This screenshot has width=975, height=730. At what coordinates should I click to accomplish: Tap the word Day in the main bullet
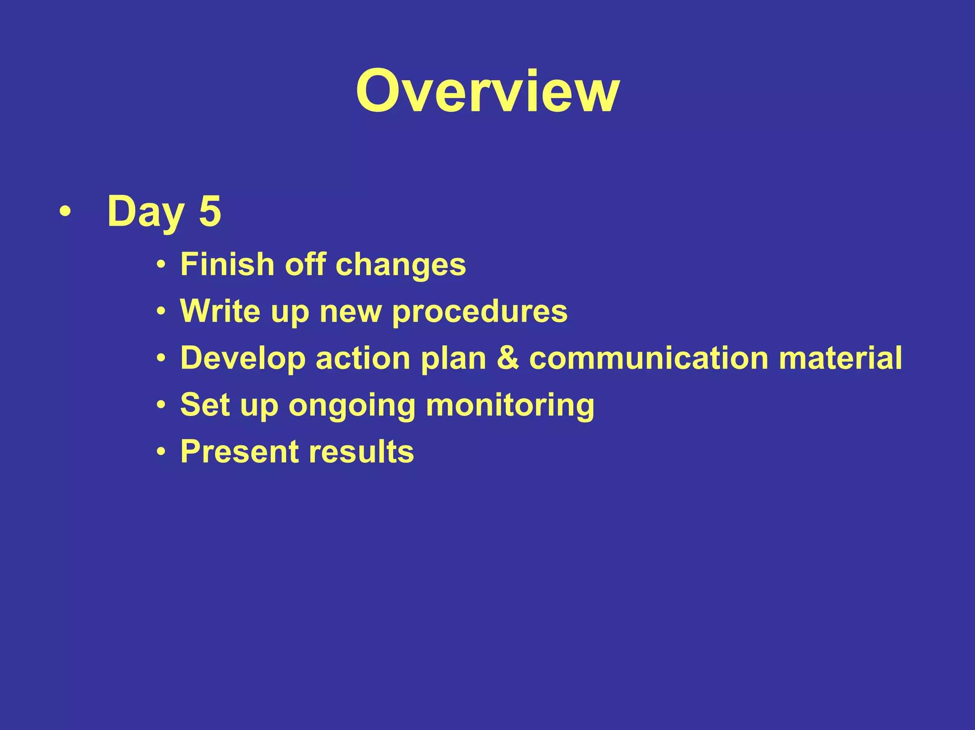tap(145, 212)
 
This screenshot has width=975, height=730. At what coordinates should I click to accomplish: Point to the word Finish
tap(227, 264)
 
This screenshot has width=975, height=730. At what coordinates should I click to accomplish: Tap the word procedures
tap(479, 312)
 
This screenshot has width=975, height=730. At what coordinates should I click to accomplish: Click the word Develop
tap(243, 358)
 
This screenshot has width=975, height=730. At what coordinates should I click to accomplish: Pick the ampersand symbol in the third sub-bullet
tap(507, 358)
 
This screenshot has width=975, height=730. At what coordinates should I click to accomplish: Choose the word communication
tap(648, 358)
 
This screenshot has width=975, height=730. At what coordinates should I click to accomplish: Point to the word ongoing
tap(352, 405)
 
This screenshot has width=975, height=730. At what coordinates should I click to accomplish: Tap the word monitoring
tap(510, 405)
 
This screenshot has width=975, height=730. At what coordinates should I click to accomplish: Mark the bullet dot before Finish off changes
tap(161, 264)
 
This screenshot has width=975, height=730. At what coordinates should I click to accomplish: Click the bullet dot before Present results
tap(161, 451)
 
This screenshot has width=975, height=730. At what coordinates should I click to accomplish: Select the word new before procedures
tap(350, 312)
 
